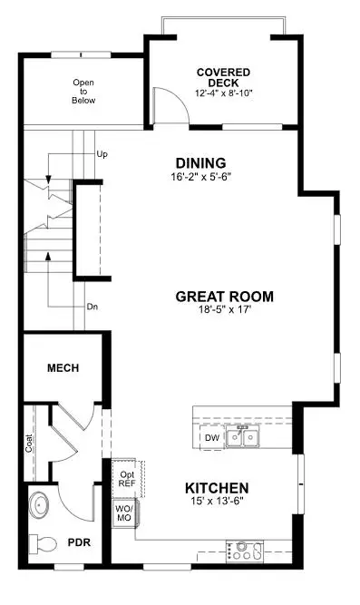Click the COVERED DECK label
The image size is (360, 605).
point(223,72)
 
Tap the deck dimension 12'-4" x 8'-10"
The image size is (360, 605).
point(223,93)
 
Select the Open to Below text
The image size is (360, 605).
point(83,91)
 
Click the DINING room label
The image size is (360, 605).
point(202,163)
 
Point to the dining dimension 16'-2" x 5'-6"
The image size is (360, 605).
point(202,178)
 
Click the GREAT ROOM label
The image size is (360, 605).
point(224,296)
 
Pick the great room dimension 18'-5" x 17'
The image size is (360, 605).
point(224,310)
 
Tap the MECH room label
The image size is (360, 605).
point(63,368)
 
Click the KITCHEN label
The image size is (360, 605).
point(217,488)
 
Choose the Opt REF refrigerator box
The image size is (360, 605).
point(126,478)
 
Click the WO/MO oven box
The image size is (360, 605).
point(123,513)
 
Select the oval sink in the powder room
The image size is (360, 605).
point(39,503)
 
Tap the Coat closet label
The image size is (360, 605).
point(30,442)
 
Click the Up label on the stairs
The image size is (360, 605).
point(102,155)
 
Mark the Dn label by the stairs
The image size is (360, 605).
point(93,307)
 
